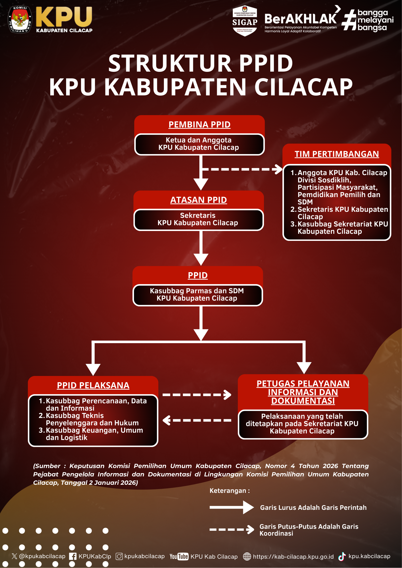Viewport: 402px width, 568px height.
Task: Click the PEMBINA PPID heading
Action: [x=199, y=124]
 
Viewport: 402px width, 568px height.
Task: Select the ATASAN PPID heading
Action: [x=198, y=200]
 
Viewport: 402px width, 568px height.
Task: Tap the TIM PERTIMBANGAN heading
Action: [x=337, y=154]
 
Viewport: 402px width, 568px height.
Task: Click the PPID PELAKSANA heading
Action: [x=93, y=385]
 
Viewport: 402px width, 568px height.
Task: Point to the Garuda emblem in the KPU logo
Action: [x=20, y=20]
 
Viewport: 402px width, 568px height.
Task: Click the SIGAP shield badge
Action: [x=245, y=21]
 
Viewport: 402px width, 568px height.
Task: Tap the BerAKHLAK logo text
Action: [x=300, y=19]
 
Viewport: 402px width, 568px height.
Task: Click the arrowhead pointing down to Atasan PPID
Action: [x=201, y=184]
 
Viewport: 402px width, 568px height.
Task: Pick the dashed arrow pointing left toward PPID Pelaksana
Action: [x=197, y=420]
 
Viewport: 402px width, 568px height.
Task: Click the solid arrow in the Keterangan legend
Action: [x=232, y=507]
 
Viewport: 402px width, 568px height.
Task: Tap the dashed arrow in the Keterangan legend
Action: [x=232, y=529]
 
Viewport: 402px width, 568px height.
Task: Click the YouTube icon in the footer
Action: [x=179, y=556]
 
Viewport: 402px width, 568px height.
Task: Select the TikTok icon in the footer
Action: [x=342, y=556]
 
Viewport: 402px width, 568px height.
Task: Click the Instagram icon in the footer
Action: [x=119, y=556]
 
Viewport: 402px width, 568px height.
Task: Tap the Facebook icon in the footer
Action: [x=73, y=556]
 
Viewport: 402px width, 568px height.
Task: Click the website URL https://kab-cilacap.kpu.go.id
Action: [x=293, y=557]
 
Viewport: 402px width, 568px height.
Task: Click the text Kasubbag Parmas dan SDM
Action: [x=197, y=291]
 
